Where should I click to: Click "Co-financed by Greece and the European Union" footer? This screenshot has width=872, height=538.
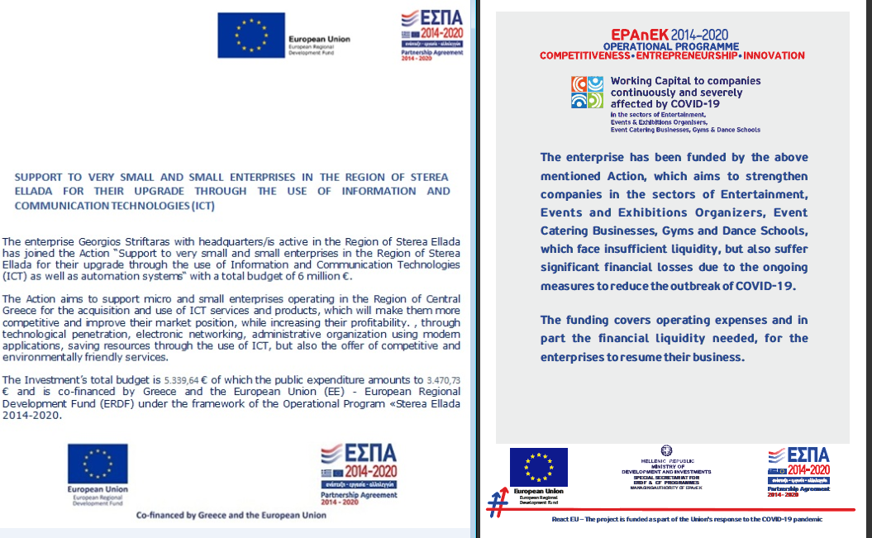[x=231, y=515]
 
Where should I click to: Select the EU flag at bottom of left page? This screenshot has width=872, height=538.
[x=98, y=464]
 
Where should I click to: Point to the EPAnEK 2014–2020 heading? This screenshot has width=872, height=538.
[x=671, y=34]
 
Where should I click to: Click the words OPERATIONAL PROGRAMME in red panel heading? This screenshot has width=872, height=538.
[x=671, y=45]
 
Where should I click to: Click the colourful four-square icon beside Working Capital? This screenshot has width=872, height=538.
[x=588, y=93]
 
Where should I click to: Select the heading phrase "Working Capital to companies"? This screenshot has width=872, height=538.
[x=685, y=81]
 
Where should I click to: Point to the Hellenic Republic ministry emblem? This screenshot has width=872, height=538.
[x=670, y=452]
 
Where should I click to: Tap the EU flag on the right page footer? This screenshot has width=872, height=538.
[x=538, y=467]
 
